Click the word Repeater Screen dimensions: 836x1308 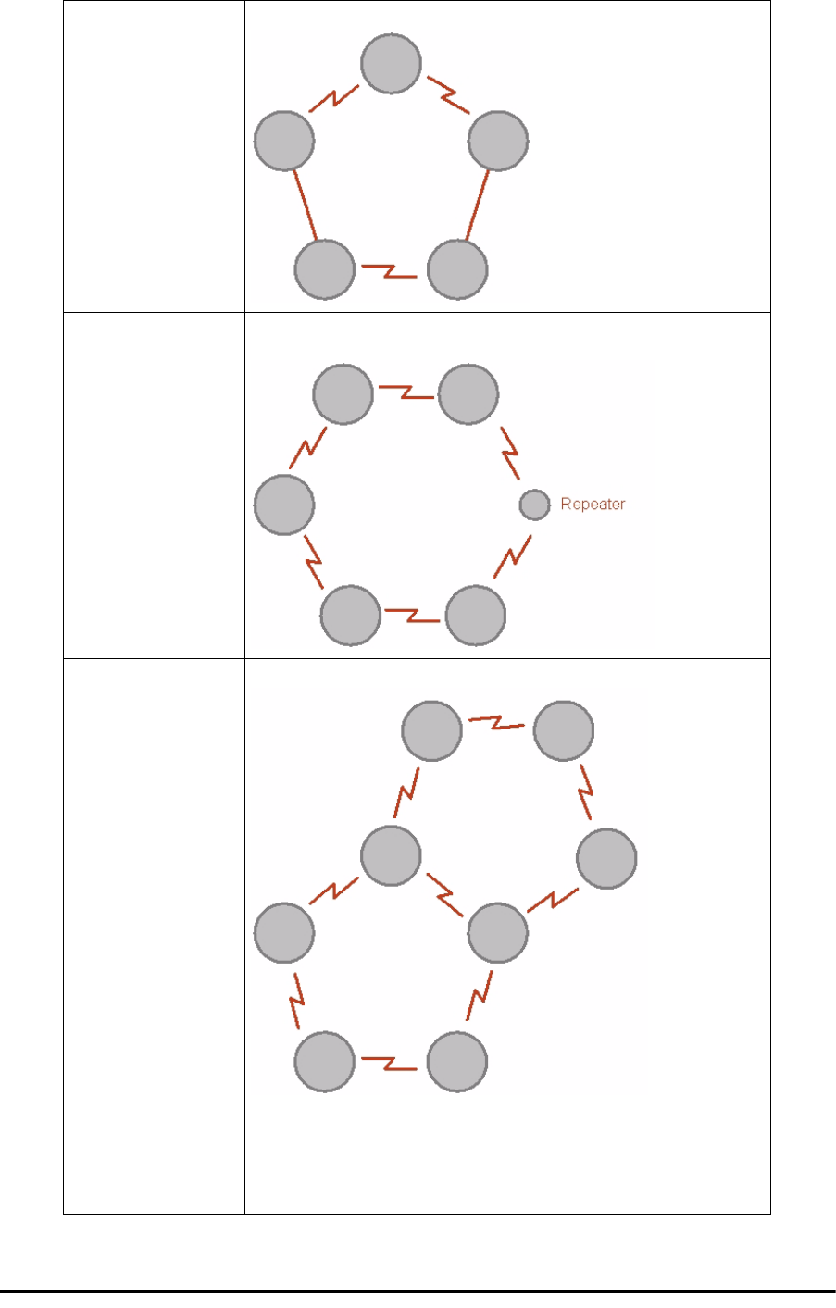coord(593,505)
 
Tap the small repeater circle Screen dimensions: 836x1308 coord(534,505)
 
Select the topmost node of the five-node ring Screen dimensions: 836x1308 coord(391,64)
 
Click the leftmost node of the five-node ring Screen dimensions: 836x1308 coord(284,141)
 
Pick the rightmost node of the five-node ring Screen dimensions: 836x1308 coord(498,141)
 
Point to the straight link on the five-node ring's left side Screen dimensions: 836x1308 coord(305,205)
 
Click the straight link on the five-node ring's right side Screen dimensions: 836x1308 coord(478,205)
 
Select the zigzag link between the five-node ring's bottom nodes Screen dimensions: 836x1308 coord(391,270)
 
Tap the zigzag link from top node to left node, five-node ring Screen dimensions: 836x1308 coord(335,99)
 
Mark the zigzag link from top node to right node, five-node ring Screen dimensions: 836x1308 coord(447,99)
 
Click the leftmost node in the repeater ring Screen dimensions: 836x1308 coord(284,505)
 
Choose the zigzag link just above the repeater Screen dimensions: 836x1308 coord(511,452)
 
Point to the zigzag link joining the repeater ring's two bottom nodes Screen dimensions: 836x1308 coord(413,615)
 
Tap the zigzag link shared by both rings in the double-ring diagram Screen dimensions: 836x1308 coord(445,894)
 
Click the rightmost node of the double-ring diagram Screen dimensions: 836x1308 coord(606,859)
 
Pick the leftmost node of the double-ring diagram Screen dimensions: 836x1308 coord(284,933)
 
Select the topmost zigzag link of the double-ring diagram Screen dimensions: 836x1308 coord(497,723)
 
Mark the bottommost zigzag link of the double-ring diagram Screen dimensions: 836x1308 coord(391,1062)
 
